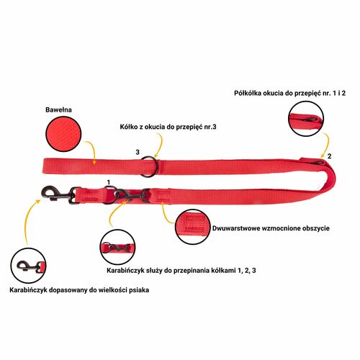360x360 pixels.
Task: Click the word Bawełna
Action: coord(58,109)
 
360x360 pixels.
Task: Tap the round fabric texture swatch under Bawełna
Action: coord(63,134)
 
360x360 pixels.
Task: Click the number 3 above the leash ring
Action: coord(138,152)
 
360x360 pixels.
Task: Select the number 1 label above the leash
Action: coord(109,182)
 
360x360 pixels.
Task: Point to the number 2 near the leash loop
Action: coord(329,156)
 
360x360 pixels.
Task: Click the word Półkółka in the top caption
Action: coord(248,93)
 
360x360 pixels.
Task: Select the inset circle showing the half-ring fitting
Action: coord(306,119)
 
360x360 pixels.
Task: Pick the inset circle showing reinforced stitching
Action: coord(193,227)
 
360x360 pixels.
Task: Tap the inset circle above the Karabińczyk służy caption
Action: coord(117,247)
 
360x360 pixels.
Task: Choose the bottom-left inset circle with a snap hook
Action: coord(28,266)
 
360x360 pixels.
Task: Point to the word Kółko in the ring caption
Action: coord(129,127)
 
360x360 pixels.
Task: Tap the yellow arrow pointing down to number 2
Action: coord(327,144)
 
